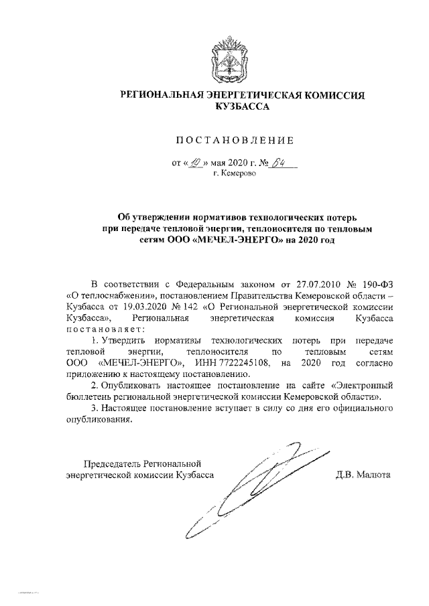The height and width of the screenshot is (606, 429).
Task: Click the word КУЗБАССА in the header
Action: (243, 106)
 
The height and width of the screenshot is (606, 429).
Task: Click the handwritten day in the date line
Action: (196, 161)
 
